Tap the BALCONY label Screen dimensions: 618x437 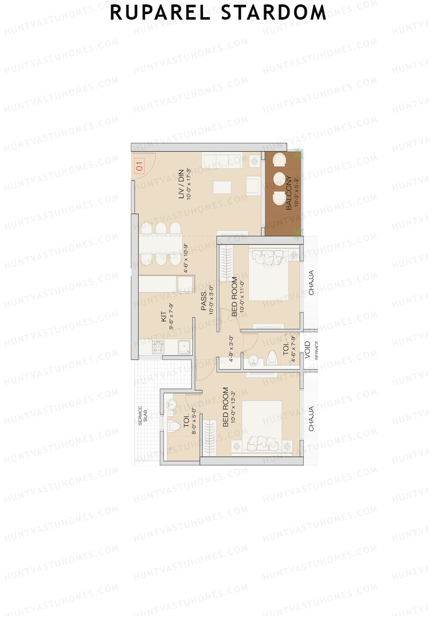(289, 193)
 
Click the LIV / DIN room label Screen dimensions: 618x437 (181, 184)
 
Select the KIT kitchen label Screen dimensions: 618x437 (164, 316)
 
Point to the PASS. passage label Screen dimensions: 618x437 (204, 300)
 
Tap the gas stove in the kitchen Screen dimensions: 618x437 (158, 347)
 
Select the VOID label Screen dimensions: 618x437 (308, 350)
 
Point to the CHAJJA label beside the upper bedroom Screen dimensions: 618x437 (311, 283)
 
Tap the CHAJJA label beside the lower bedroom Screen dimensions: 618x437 (311, 419)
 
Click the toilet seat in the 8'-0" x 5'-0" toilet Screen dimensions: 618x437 (174, 426)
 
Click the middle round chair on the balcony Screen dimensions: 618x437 (279, 179)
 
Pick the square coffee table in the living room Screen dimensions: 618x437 (222, 187)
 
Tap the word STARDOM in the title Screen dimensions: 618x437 (274, 13)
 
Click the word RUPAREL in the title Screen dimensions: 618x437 (160, 13)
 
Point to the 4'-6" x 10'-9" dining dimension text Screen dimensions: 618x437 (186, 258)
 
